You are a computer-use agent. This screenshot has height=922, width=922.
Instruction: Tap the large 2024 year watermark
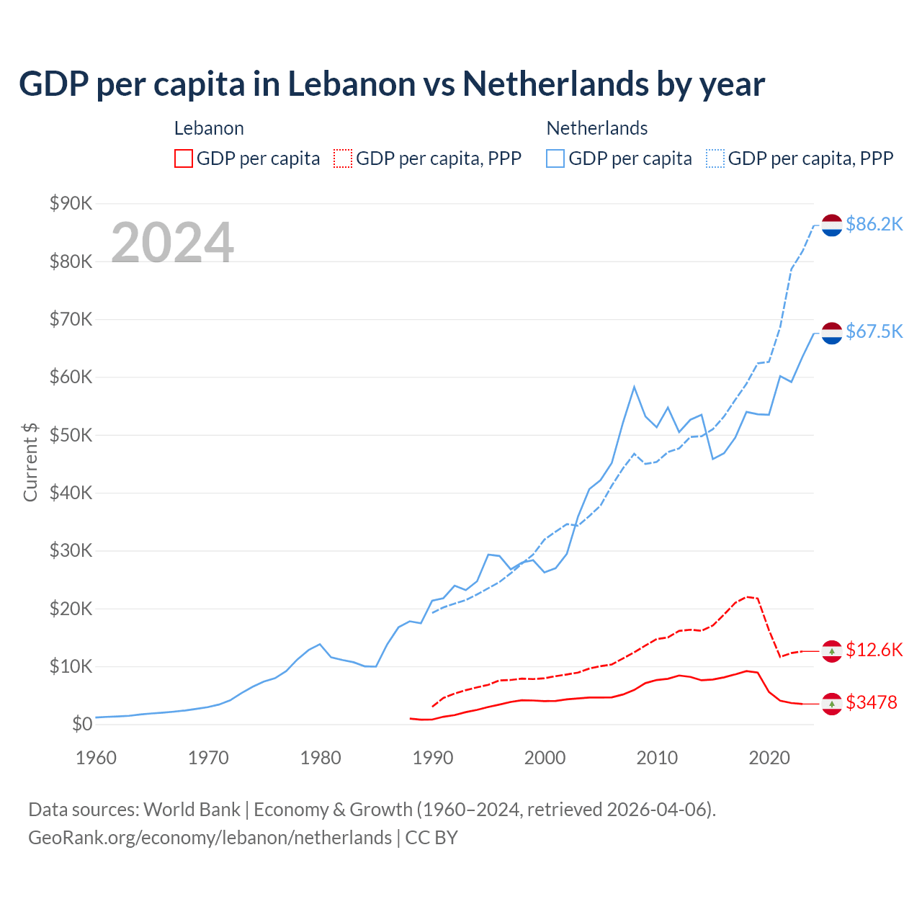172,243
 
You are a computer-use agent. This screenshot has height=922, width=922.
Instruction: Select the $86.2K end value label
874,225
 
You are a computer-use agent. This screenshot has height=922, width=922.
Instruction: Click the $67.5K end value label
874,331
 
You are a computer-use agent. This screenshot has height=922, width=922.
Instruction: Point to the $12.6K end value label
874,650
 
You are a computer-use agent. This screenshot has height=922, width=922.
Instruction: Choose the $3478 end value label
871,702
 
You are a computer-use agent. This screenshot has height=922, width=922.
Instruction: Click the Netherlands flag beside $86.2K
832,225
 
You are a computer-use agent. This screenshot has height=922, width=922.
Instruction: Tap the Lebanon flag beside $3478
832,703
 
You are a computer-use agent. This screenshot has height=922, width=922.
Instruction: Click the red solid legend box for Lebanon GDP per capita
184,158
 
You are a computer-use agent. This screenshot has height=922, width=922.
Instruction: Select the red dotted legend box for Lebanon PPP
343,158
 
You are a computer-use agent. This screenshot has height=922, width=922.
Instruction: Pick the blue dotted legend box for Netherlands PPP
715,158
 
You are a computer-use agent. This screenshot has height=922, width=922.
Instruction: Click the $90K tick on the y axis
71,204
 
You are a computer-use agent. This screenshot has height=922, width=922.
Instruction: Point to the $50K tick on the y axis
71,435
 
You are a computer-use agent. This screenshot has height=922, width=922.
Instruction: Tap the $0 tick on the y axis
82,725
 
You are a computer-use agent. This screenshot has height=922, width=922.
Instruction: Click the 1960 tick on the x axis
97,758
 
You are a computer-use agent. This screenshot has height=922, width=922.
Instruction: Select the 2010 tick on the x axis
657,758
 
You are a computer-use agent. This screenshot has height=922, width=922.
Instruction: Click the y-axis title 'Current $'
30,462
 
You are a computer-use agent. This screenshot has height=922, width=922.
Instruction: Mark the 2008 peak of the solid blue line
634,387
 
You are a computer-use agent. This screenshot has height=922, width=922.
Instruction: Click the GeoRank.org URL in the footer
210,838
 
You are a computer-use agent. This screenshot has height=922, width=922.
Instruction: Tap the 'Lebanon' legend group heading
209,128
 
